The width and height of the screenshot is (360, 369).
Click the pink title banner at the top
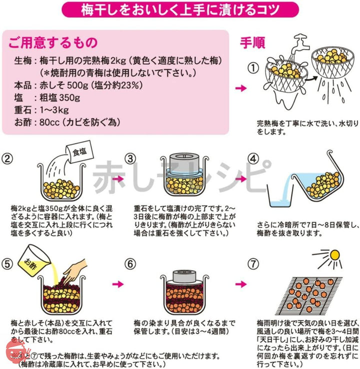click(x=180, y=10)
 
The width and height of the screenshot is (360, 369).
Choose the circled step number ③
click(x=130, y=159)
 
